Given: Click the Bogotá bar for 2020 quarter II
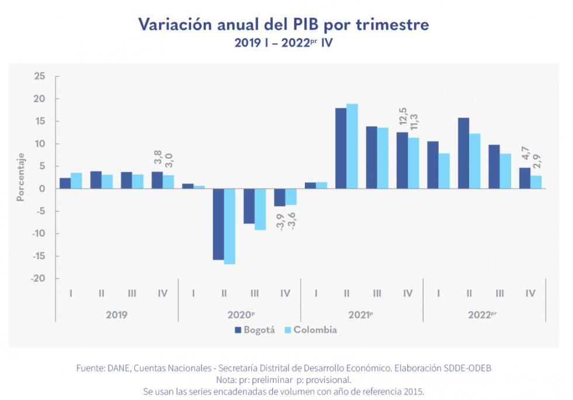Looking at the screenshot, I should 218,224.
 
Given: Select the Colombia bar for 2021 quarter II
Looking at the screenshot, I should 352,146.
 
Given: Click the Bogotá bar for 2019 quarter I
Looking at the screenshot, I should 65,183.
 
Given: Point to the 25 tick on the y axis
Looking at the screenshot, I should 39,76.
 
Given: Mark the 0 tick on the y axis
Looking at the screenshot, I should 42,189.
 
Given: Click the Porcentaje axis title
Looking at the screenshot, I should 20,177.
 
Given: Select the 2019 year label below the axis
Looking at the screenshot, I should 116,314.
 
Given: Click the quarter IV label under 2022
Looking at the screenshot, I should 530,293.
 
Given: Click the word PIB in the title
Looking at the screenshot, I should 305,25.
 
